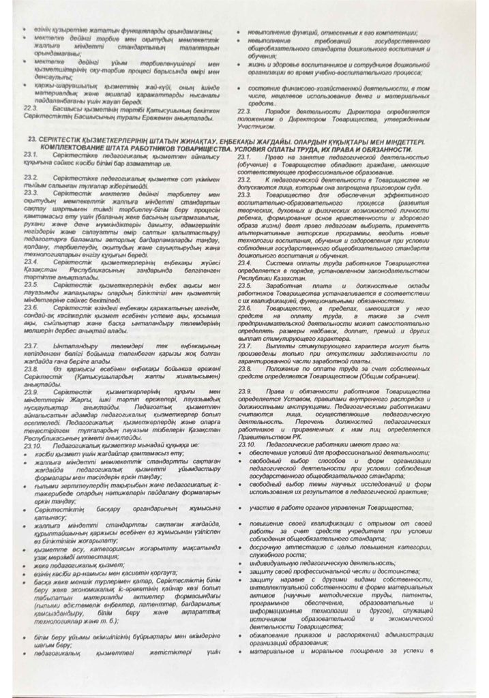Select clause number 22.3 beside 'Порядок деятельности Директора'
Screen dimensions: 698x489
click(245, 110)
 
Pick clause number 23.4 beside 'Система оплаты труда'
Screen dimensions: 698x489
click(245, 262)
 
